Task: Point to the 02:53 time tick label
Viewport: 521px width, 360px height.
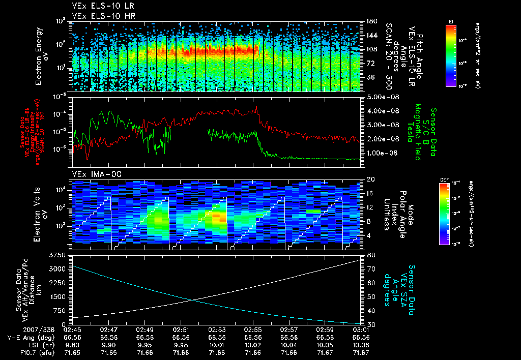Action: (217, 330)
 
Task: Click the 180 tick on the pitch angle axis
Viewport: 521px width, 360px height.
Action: (371, 21)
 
